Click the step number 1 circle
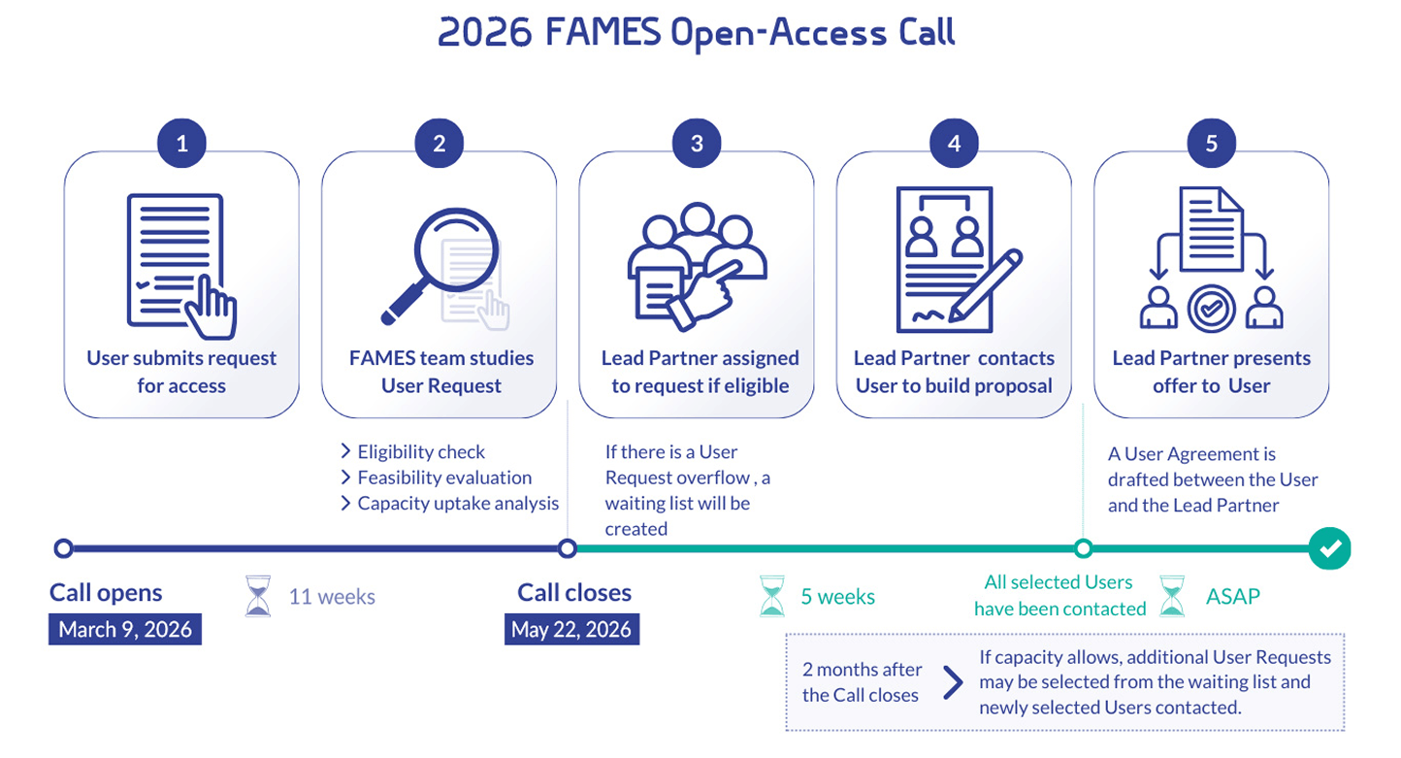coord(181,145)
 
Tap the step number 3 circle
coord(697,145)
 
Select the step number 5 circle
coord(1211,145)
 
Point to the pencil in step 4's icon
coord(987,284)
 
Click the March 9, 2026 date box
coord(125,629)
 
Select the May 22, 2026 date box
coord(571,629)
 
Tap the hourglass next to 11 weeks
coord(258,596)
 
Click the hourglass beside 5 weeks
coord(771,596)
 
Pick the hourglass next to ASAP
coord(1173,596)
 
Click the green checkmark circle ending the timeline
coord(1329,549)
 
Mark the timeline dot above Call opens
coord(64,549)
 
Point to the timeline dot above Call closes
coord(568,549)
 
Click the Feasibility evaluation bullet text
coord(444,478)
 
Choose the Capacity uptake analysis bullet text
coord(458,503)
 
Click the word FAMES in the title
coord(601,33)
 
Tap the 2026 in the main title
coord(485,33)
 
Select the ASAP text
coord(1233,596)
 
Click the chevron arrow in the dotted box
coord(953,682)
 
